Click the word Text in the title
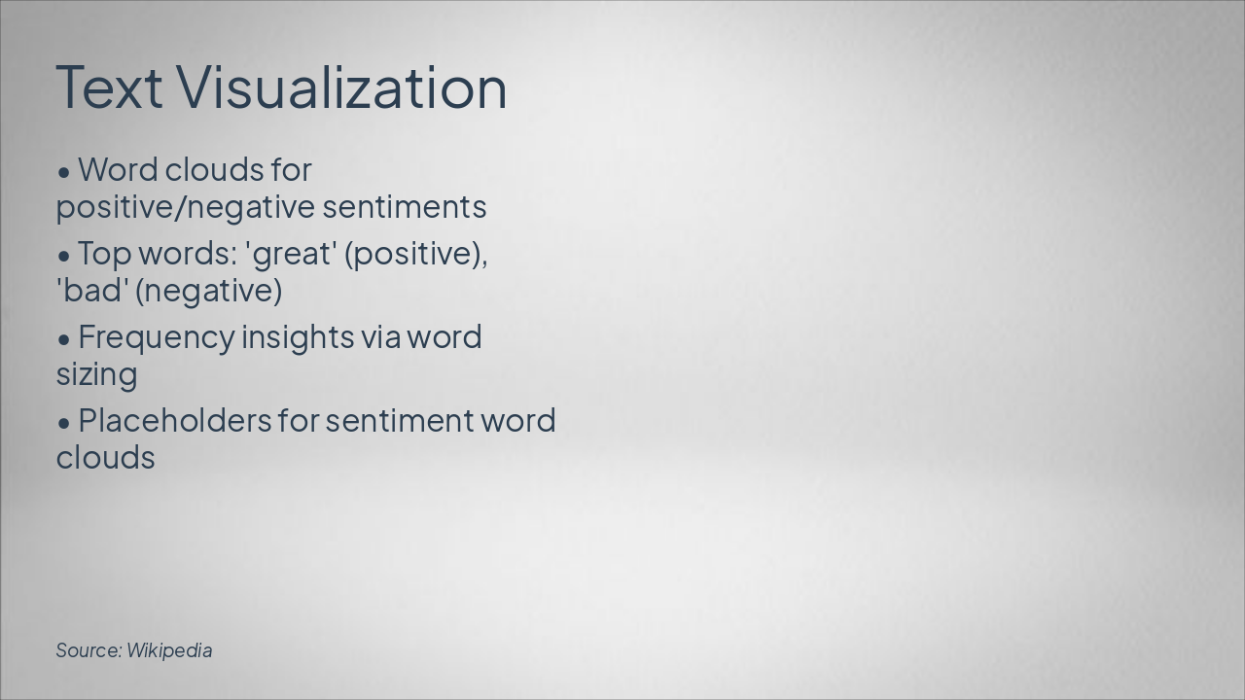pyautogui.click(x=108, y=87)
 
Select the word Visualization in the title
pyautogui.click(x=341, y=87)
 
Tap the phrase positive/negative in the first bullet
pyautogui.click(x=185, y=207)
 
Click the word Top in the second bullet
pyautogui.click(x=104, y=254)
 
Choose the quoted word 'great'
pyautogui.click(x=291, y=254)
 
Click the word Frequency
pyautogui.click(x=156, y=337)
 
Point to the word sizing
pyautogui.click(x=96, y=374)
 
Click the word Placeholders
pyautogui.click(x=174, y=421)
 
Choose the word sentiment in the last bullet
pyautogui.click(x=399, y=421)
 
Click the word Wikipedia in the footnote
pyautogui.click(x=169, y=650)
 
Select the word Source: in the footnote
pyautogui.click(x=89, y=650)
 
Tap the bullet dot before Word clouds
pyautogui.click(x=64, y=172)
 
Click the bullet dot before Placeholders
pyautogui.click(x=64, y=423)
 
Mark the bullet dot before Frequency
pyautogui.click(x=64, y=339)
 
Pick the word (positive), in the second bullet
pyautogui.click(x=416, y=254)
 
